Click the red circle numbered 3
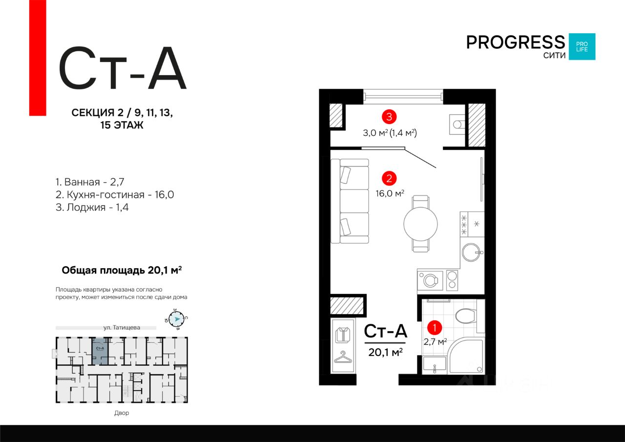coord(389,117)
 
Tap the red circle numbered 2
coord(389,178)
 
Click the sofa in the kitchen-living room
coord(350,201)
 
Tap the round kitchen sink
coord(472,253)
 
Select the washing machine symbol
coord(430,280)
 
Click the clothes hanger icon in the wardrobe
coord(344,358)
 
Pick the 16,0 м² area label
coord(389,193)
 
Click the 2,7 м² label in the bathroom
coord(435,342)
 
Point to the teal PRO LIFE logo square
coord(582,46)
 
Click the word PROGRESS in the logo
coord(515,42)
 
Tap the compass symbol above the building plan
coord(177,318)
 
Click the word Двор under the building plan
coord(122,413)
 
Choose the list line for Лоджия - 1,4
coord(92,208)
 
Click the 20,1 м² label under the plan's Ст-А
coord(385,352)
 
